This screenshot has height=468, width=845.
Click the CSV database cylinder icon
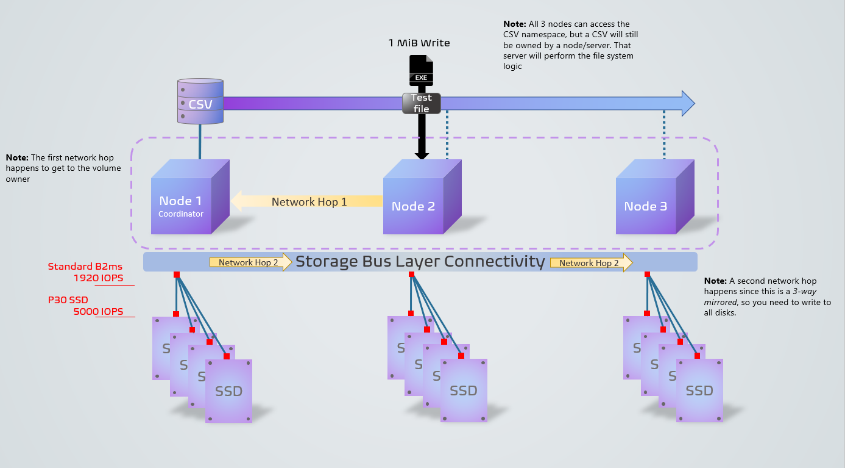pyautogui.click(x=200, y=101)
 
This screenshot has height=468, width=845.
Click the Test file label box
pyautogui.click(x=421, y=103)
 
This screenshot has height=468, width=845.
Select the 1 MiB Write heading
pyautogui.click(x=419, y=43)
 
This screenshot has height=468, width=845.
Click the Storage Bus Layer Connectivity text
pyautogui.click(x=420, y=262)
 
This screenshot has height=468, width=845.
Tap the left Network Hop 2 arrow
pyautogui.click(x=250, y=262)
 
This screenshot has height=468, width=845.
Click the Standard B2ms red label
pyautogui.click(x=86, y=266)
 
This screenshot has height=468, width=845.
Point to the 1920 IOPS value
pyautogui.click(x=98, y=278)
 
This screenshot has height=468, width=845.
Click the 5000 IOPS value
pyautogui.click(x=98, y=312)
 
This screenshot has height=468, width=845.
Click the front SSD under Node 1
pyautogui.click(x=228, y=391)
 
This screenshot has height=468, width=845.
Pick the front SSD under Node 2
pyautogui.click(x=464, y=391)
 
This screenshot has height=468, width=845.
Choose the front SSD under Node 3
pyautogui.click(x=699, y=391)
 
